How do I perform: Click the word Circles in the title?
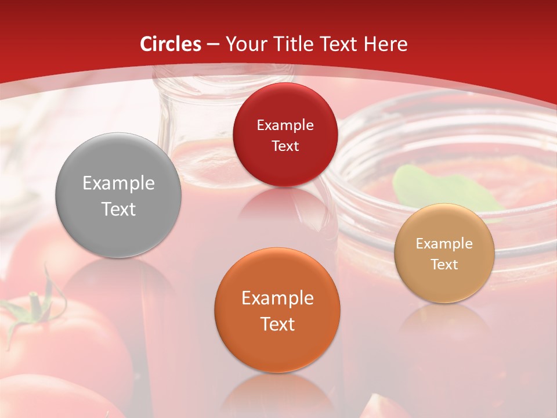pos(171,44)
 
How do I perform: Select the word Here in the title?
pos(386,44)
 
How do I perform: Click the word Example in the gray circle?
pos(118,183)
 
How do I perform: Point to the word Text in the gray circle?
pos(118,209)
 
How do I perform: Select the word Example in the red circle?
pos(285,125)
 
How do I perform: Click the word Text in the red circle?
pos(285,146)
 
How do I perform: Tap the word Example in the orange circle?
pos(277,298)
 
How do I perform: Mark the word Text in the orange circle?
pos(277,324)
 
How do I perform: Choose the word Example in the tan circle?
pos(444,244)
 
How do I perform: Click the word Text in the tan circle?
pos(444,265)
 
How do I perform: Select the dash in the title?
pos(212,45)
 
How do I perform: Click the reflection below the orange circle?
pos(277,395)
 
